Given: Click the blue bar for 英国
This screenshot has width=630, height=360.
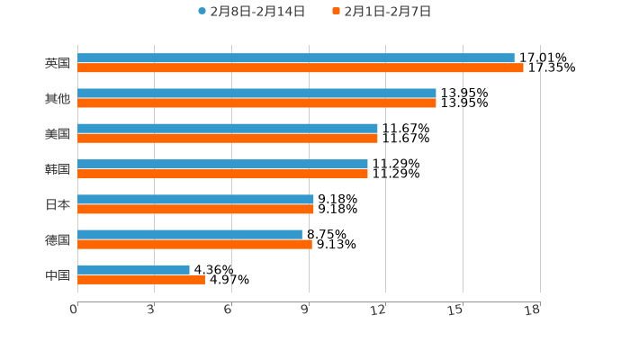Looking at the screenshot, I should point(296,58).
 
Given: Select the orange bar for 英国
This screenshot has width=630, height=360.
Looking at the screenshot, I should point(301,68).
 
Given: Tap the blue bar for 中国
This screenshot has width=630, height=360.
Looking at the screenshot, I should point(133,269).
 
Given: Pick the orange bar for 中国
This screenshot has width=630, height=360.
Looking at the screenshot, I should point(141,279).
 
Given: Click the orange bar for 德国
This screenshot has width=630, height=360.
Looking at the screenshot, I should point(194,244).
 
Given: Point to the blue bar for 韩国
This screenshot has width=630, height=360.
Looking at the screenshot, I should point(222,164).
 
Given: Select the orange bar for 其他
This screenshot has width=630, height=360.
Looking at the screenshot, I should point(256,103).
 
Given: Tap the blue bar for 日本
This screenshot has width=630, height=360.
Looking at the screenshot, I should point(195,199).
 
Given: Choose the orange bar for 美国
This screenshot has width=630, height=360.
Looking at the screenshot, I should point(228,139).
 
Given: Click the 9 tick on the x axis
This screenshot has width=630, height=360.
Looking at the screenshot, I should point(307,310).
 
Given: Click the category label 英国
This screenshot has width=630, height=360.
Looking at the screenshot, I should point(58,64).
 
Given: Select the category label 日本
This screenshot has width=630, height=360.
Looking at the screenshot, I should point(58,204).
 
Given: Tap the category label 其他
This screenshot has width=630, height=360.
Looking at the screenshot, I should point(58,99).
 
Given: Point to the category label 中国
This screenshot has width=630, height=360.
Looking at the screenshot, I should point(58,274).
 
